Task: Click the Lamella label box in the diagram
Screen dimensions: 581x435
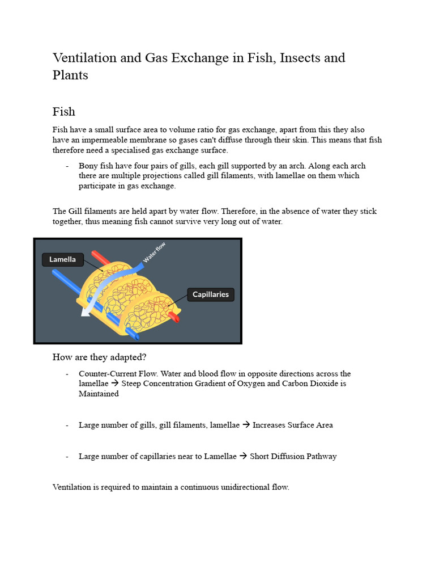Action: tap(62, 259)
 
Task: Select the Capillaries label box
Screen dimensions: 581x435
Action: tap(210, 294)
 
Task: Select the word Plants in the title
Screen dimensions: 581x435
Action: tap(70, 75)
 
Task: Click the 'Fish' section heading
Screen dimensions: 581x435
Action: tap(63, 111)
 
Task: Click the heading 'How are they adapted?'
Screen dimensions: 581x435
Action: tap(99, 357)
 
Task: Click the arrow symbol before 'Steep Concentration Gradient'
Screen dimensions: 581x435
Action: tap(115, 384)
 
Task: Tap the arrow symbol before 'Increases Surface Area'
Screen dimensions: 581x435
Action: tap(246, 425)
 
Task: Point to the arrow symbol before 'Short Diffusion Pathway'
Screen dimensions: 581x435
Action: tap(243, 456)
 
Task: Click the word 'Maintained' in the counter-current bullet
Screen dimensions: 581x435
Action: tap(99, 394)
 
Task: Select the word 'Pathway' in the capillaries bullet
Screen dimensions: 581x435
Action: tap(322, 456)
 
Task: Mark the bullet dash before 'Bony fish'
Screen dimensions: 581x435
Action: tap(67, 166)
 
